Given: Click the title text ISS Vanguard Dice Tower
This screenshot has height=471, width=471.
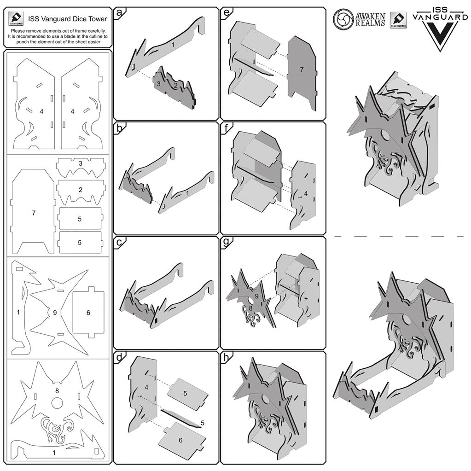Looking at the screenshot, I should point(67,19).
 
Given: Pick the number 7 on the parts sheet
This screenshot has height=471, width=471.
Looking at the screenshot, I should point(34,213).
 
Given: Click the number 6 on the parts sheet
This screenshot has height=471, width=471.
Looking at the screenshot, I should point(88,312).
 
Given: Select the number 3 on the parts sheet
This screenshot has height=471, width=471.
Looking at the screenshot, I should point(80,163).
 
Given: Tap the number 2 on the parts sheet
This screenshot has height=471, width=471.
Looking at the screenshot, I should point(80,189).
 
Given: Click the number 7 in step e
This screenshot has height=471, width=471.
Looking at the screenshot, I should point(301,69).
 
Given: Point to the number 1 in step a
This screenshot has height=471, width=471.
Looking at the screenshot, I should point(173,45).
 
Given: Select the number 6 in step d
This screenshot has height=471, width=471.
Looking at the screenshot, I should point(180,440).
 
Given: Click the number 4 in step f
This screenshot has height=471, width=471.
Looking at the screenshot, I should point(306,193).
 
